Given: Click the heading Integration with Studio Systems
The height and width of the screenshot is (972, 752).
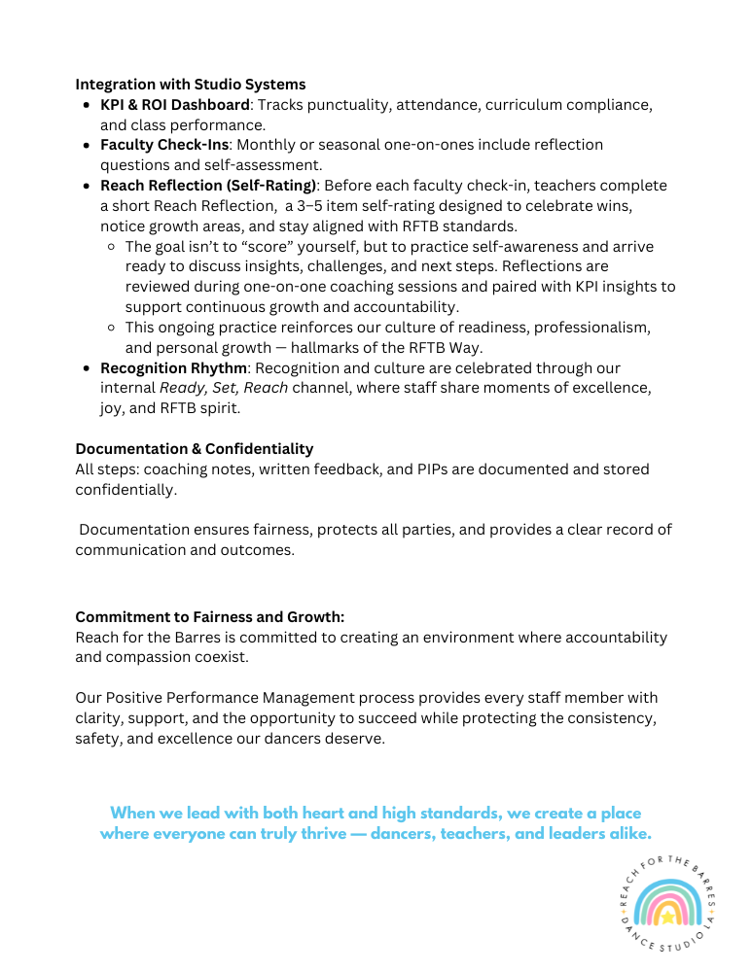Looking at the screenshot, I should click(x=191, y=84).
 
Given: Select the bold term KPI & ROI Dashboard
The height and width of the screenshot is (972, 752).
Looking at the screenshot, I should click(x=176, y=105).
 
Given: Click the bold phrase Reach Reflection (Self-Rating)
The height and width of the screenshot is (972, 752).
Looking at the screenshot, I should click(x=207, y=185).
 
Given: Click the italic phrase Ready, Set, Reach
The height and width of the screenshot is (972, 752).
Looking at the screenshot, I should click(x=223, y=388).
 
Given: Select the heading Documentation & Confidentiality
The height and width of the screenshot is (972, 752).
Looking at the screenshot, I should click(x=195, y=449).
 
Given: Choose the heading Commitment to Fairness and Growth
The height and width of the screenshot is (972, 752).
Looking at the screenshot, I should click(x=210, y=617).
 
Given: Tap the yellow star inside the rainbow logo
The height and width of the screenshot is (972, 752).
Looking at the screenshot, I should click(x=667, y=916).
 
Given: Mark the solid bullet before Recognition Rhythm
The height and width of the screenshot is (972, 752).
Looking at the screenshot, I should click(x=88, y=369).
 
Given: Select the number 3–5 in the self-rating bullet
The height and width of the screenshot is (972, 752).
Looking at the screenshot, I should click(x=313, y=206).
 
